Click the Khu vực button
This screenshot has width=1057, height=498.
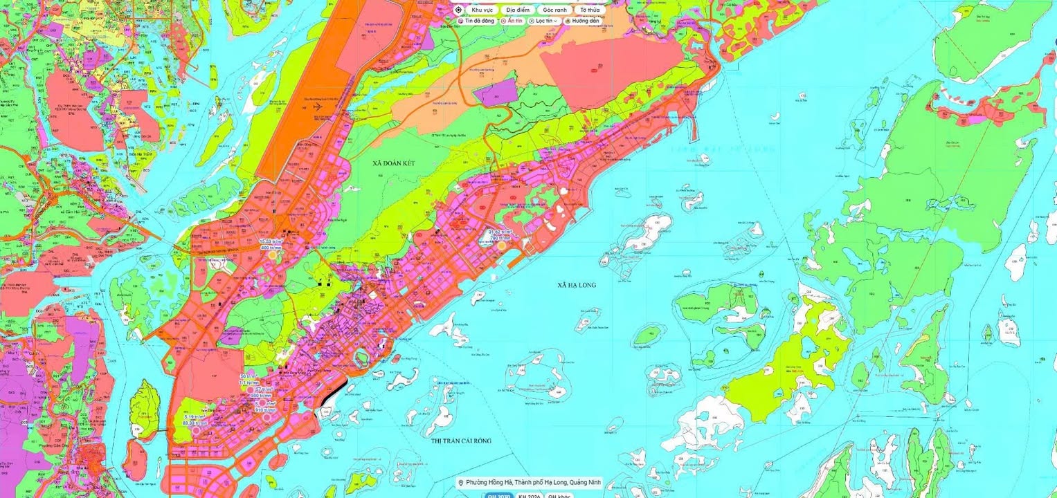[x=482, y=10]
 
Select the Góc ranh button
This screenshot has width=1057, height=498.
[x=554, y=10]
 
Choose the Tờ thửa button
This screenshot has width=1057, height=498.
[x=590, y=10]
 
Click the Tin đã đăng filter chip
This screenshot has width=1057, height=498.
[x=476, y=21]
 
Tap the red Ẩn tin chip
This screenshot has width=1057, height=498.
[x=512, y=21]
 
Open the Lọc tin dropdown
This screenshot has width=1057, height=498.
[x=544, y=21]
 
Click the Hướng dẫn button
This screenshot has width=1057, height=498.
[x=582, y=21]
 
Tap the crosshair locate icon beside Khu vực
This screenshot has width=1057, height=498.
[x=458, y=10]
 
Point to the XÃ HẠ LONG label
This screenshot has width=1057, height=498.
[x=576, y=285]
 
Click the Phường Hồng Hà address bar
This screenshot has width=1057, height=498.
[x=530, y=483]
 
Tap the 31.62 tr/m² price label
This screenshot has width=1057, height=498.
[x=500, y=232]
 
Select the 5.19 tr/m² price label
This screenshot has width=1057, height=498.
[x=194, y=417]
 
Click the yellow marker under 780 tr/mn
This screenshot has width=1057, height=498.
[x=501, y=246]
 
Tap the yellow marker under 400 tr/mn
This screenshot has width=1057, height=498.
[x=272, y=255]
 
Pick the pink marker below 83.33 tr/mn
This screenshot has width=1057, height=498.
[x=195, y=430]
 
